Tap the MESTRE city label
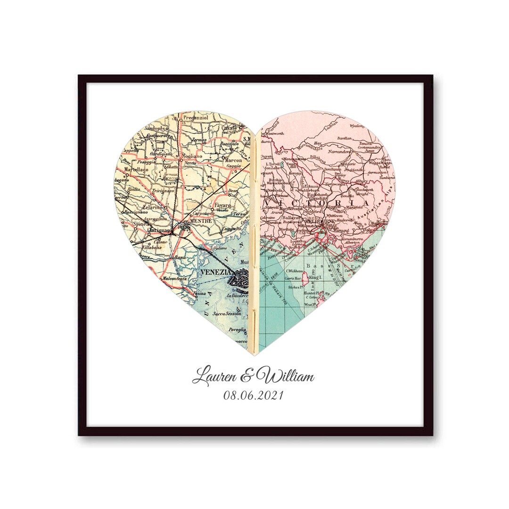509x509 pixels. (x=199, y=220)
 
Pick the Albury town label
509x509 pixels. (x=362, y=181)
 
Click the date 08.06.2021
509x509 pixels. (x=254, y=395)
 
